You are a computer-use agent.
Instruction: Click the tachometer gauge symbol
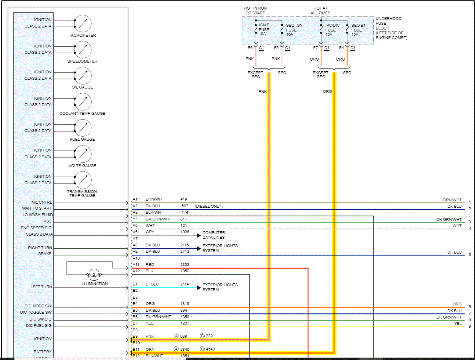point(83,23)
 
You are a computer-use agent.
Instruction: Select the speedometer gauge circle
point(83,49)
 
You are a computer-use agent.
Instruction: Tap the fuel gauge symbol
point(83,127)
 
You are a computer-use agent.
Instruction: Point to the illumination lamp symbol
point(94,275)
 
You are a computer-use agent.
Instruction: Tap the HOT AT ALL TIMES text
point(321,11)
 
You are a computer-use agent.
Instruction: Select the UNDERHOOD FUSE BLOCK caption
point(391,28)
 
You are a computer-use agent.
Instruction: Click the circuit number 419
point(183,199)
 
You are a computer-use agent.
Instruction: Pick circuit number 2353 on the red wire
point(185,265)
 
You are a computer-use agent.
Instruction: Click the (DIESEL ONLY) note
point(209,207)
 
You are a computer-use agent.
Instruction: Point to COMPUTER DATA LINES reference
point(214,235)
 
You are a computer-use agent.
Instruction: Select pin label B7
point(135,323)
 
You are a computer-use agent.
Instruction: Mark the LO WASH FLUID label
point(37,215)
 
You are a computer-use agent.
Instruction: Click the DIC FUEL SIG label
point(39,326)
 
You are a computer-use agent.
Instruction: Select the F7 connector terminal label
point(315,48)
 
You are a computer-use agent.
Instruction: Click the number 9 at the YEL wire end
point(470,327)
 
